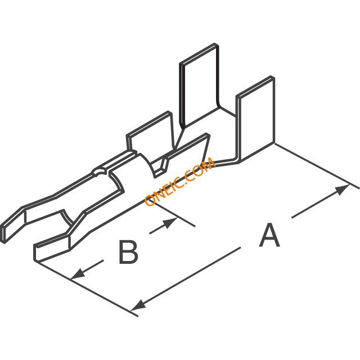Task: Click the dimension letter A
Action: pyautogui.click(x=269, y=235)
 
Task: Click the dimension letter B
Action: pyautogui.click(x=129, y=251)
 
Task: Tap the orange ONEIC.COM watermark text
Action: pyautogui.click(x=180, y=181)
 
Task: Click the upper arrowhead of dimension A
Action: pyautogui.click(x=343, y=190)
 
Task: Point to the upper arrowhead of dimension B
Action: pyautogui.click(x=170, y=223)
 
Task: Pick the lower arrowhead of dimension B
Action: pyautogui.click(x=78, y=274)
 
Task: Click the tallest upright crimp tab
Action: pyautogui.click(x=199, y=85)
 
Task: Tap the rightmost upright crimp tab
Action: pyautogui.click(x=256, y=119)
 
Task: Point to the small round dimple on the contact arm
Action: pyautogui.click(x=98, y=172)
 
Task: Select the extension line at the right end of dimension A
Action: pyautogui.click(x=317, y=165)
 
